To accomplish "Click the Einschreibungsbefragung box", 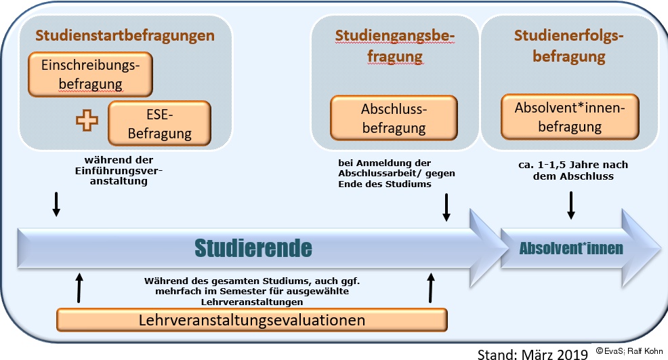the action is click(x=90, y=74).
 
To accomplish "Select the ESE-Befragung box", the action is click(x=160, y=123).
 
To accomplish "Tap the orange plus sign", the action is click(x=87, y=120).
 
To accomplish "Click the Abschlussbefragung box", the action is click(x=394, y=118).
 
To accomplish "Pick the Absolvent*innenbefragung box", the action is click(x=570, y=117).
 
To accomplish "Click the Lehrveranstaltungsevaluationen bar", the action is click(x=252, y=320).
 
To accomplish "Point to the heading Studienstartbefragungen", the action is click(x=125, y=35).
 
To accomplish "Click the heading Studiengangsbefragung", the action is click(x=395, y=46).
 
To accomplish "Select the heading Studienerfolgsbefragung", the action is click(x=569, y=46).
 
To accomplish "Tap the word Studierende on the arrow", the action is click(x=253, y=248).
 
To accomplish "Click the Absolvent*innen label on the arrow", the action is click(x=571, y=248).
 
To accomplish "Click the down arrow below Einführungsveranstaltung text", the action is click(x=56, y=204).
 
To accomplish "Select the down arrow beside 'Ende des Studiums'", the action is click(x=446, y=207).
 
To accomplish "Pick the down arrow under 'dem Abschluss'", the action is click(x=571, y=205).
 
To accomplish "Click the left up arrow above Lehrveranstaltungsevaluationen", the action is click(x=79, y=288).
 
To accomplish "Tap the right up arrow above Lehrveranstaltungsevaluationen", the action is click(x=431, y=288).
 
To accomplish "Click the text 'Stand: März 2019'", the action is click(x=533, y=354).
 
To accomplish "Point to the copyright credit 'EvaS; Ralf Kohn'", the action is click(x=629, y=351).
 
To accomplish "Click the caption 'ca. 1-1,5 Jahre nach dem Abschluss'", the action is click(x=573, y=170).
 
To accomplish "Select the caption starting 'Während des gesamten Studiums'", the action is click(x=252, y=292).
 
